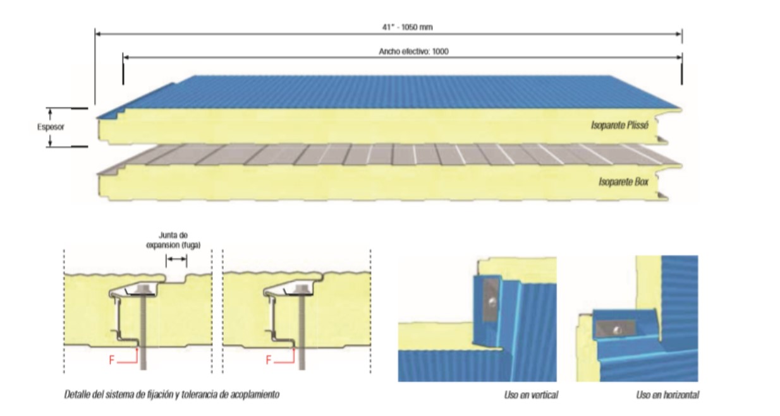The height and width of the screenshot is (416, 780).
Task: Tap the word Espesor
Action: [x=50, y=126]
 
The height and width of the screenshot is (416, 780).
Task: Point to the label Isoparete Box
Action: [x=625, y=182]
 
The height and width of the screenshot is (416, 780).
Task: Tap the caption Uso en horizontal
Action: [x=667, y=395]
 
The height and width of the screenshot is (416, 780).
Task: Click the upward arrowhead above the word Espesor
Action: [x=50, y=114]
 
